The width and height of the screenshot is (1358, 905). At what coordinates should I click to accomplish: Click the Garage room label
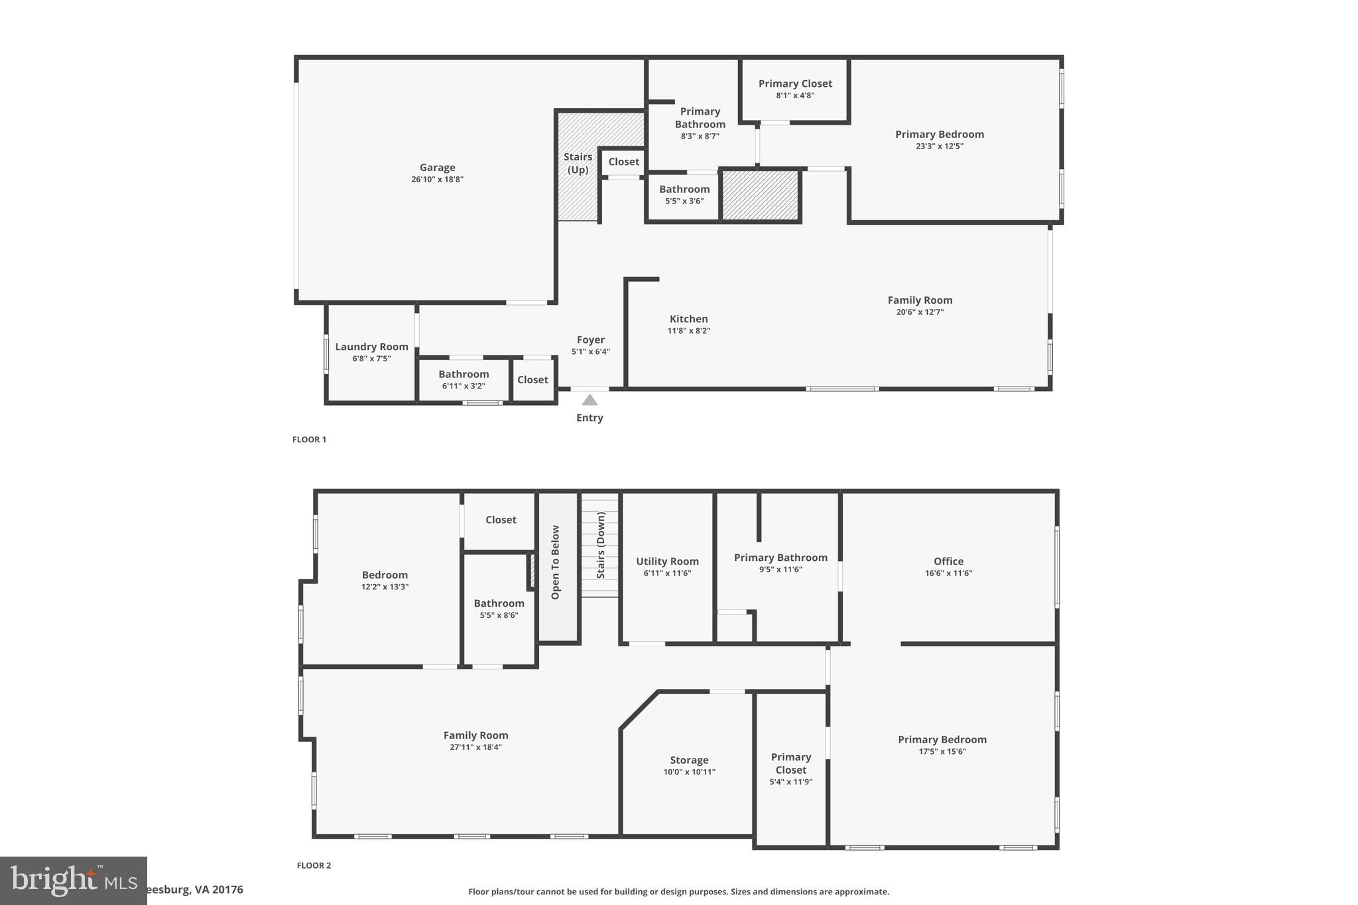(x=437, y=168)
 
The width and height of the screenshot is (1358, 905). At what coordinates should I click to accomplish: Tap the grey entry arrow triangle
(x=589, y=400)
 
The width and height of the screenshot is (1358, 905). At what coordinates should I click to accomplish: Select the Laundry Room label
(x=371, y=347)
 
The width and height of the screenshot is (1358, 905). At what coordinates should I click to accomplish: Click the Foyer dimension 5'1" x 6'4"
(x=590, y=352)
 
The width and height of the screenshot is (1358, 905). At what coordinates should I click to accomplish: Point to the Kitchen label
(x=688, y=319)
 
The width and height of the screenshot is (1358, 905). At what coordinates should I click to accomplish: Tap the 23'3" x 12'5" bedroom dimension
(x=939, y=147)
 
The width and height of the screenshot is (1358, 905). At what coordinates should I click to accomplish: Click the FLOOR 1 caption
(x=309, y=440)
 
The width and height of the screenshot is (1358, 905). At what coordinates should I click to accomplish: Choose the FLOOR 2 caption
(x=314, y=865)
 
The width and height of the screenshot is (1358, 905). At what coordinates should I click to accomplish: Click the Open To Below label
(x=556, y=562)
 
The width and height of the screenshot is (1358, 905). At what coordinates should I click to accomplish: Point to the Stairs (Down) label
(x=601, y=545)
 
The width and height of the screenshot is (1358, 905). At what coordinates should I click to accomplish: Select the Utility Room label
(x=667, y=562)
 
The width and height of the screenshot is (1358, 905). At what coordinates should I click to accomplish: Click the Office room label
(x=948, y=562)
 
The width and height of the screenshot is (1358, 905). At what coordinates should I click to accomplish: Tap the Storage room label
(x=689, y=760)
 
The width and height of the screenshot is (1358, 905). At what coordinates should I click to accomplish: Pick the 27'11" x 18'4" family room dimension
(x=475, y=747)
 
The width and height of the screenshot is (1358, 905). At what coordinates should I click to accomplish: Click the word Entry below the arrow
(x=589, y=418)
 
